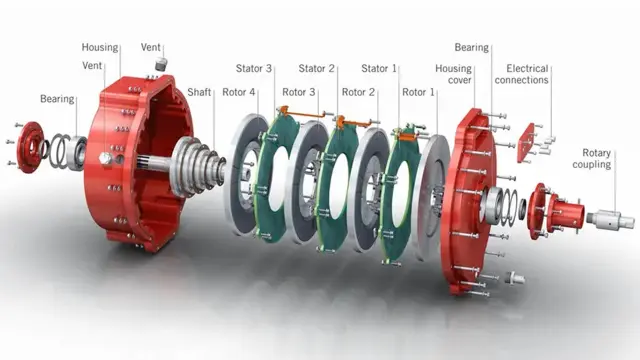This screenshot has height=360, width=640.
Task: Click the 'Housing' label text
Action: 100,47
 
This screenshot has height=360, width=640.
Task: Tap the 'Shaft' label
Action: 199,91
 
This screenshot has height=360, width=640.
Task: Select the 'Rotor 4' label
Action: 239,91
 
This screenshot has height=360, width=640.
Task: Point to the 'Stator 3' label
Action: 254,69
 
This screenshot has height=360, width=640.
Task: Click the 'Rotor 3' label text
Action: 298,91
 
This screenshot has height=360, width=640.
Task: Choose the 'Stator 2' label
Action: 316,69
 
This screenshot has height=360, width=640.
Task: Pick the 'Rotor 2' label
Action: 358,91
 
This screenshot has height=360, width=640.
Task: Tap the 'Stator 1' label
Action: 379,69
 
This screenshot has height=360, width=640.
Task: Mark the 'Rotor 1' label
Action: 419,91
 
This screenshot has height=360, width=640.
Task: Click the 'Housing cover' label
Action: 453,76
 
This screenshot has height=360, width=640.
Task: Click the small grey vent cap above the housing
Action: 159,64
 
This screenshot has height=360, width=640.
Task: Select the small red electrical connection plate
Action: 525,142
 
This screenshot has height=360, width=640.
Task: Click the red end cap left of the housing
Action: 30,146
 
